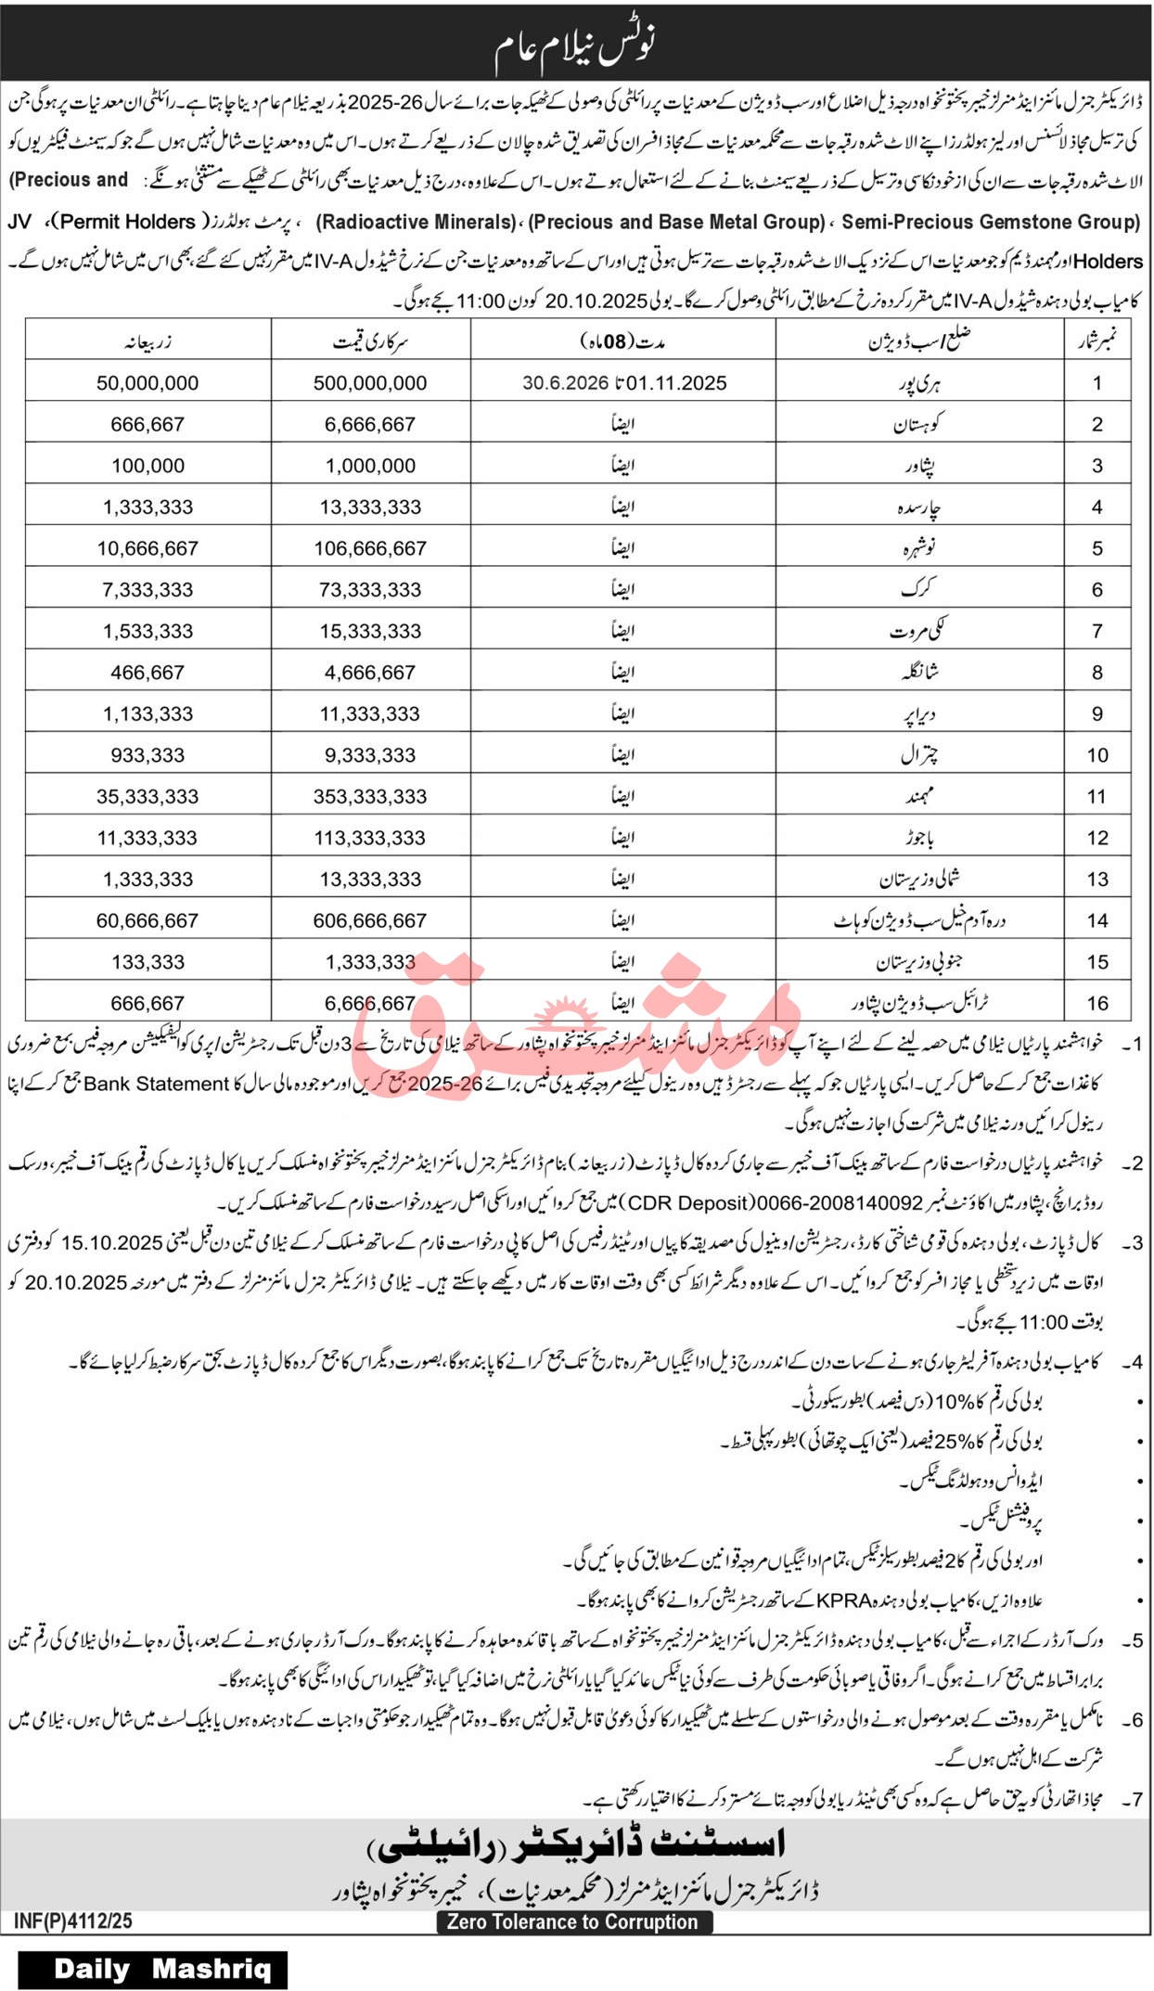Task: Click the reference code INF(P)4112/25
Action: point(73,1920)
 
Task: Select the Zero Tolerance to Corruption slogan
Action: point(572,1921)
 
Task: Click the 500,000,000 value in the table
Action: point(370,383)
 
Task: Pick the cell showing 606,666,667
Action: point(370,920)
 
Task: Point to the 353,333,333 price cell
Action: point(370,796)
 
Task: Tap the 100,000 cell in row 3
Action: point(147,466)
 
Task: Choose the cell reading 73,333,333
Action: point(370,589)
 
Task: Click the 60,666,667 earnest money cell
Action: point(147,920)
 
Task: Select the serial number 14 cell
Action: point(1097,920)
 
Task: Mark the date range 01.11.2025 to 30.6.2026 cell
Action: point(623,383)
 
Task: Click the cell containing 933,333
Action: point(147,755)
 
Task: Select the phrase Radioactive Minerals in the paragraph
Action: point(416,223)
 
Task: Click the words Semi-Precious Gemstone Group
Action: point(991,223)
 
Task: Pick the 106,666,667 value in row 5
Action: point(370,548)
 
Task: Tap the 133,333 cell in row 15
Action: point(147,962)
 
